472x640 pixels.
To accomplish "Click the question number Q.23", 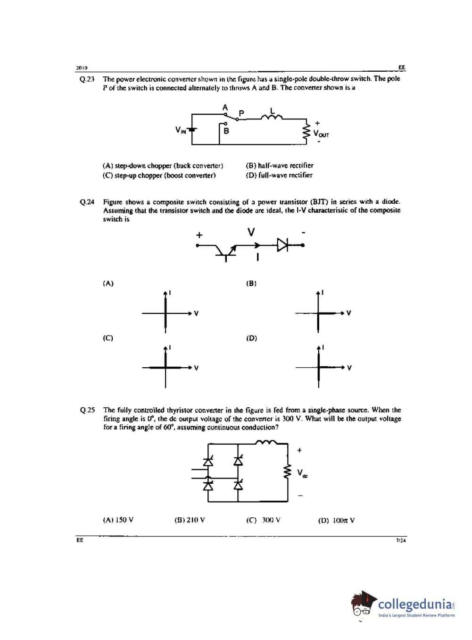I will pos(87,79).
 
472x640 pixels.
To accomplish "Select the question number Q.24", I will pos(87,202).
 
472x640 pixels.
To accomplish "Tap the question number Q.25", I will pos(87,410).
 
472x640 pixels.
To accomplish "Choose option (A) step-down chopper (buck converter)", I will pos(163,166).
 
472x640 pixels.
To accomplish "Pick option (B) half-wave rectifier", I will pos(279,166).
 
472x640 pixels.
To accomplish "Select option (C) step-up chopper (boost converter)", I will pos(159,175).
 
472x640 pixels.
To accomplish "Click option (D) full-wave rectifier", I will pos(279,175).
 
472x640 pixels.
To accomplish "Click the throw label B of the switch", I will pos(226,131).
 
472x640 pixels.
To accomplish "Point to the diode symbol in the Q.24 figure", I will pos(282,244).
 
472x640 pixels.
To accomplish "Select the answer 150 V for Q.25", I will pos(118,520).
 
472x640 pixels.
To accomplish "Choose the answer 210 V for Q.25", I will pos(190,520).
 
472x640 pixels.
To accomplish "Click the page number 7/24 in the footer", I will pos(400,540).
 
